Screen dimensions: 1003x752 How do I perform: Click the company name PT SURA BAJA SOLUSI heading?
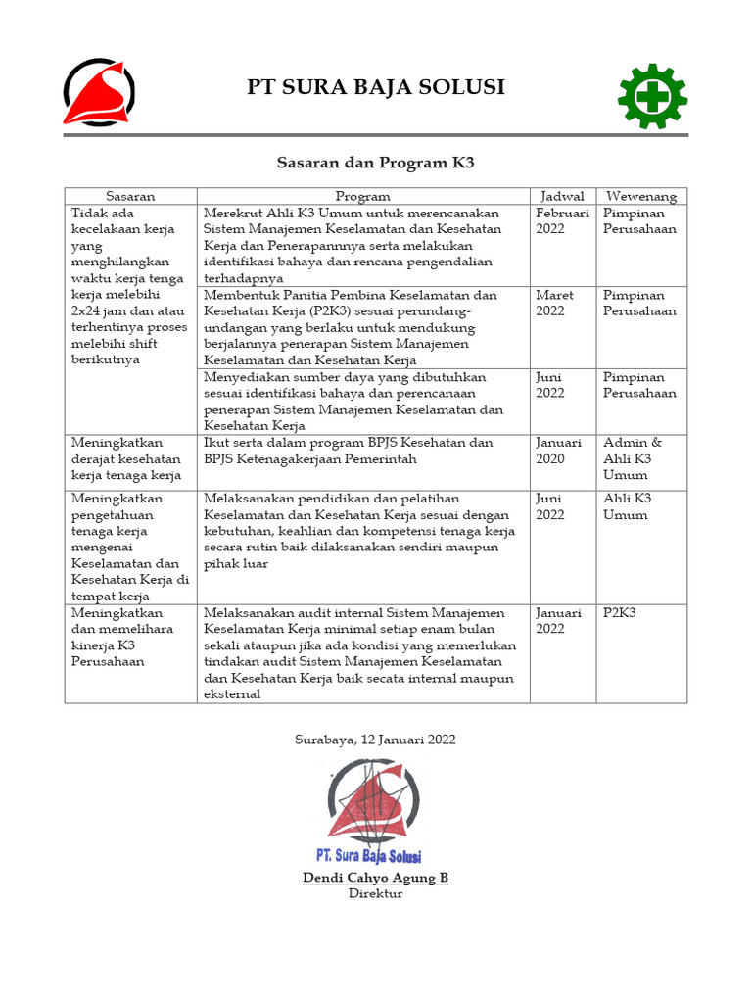point(375,87)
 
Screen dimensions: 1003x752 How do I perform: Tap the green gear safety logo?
point(652,96)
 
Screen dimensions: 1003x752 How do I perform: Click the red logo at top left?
point(99,93)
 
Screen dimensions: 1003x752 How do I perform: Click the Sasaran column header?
point(130,196)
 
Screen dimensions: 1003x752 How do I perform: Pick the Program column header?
point(362,196)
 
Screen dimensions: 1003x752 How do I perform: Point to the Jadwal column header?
point(562,196)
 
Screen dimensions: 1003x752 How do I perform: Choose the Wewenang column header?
point(640,196)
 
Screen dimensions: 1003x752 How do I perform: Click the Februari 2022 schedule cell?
point(562,220)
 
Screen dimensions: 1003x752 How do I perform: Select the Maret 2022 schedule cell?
point(554,303)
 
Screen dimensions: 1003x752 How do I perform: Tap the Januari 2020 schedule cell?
point(558,451)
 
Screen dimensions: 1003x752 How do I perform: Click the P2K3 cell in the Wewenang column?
point(620,612)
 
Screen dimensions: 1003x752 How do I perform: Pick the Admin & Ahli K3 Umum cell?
point(633,458)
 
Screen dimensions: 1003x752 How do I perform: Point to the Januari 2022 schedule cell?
point(558,620)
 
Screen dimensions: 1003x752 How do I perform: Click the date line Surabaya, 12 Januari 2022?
point(375,740)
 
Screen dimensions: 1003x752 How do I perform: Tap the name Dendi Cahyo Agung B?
point(375,878)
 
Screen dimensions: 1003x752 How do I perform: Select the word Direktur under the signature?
point(375,893)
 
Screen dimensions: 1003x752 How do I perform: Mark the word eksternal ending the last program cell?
point(232,694)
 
